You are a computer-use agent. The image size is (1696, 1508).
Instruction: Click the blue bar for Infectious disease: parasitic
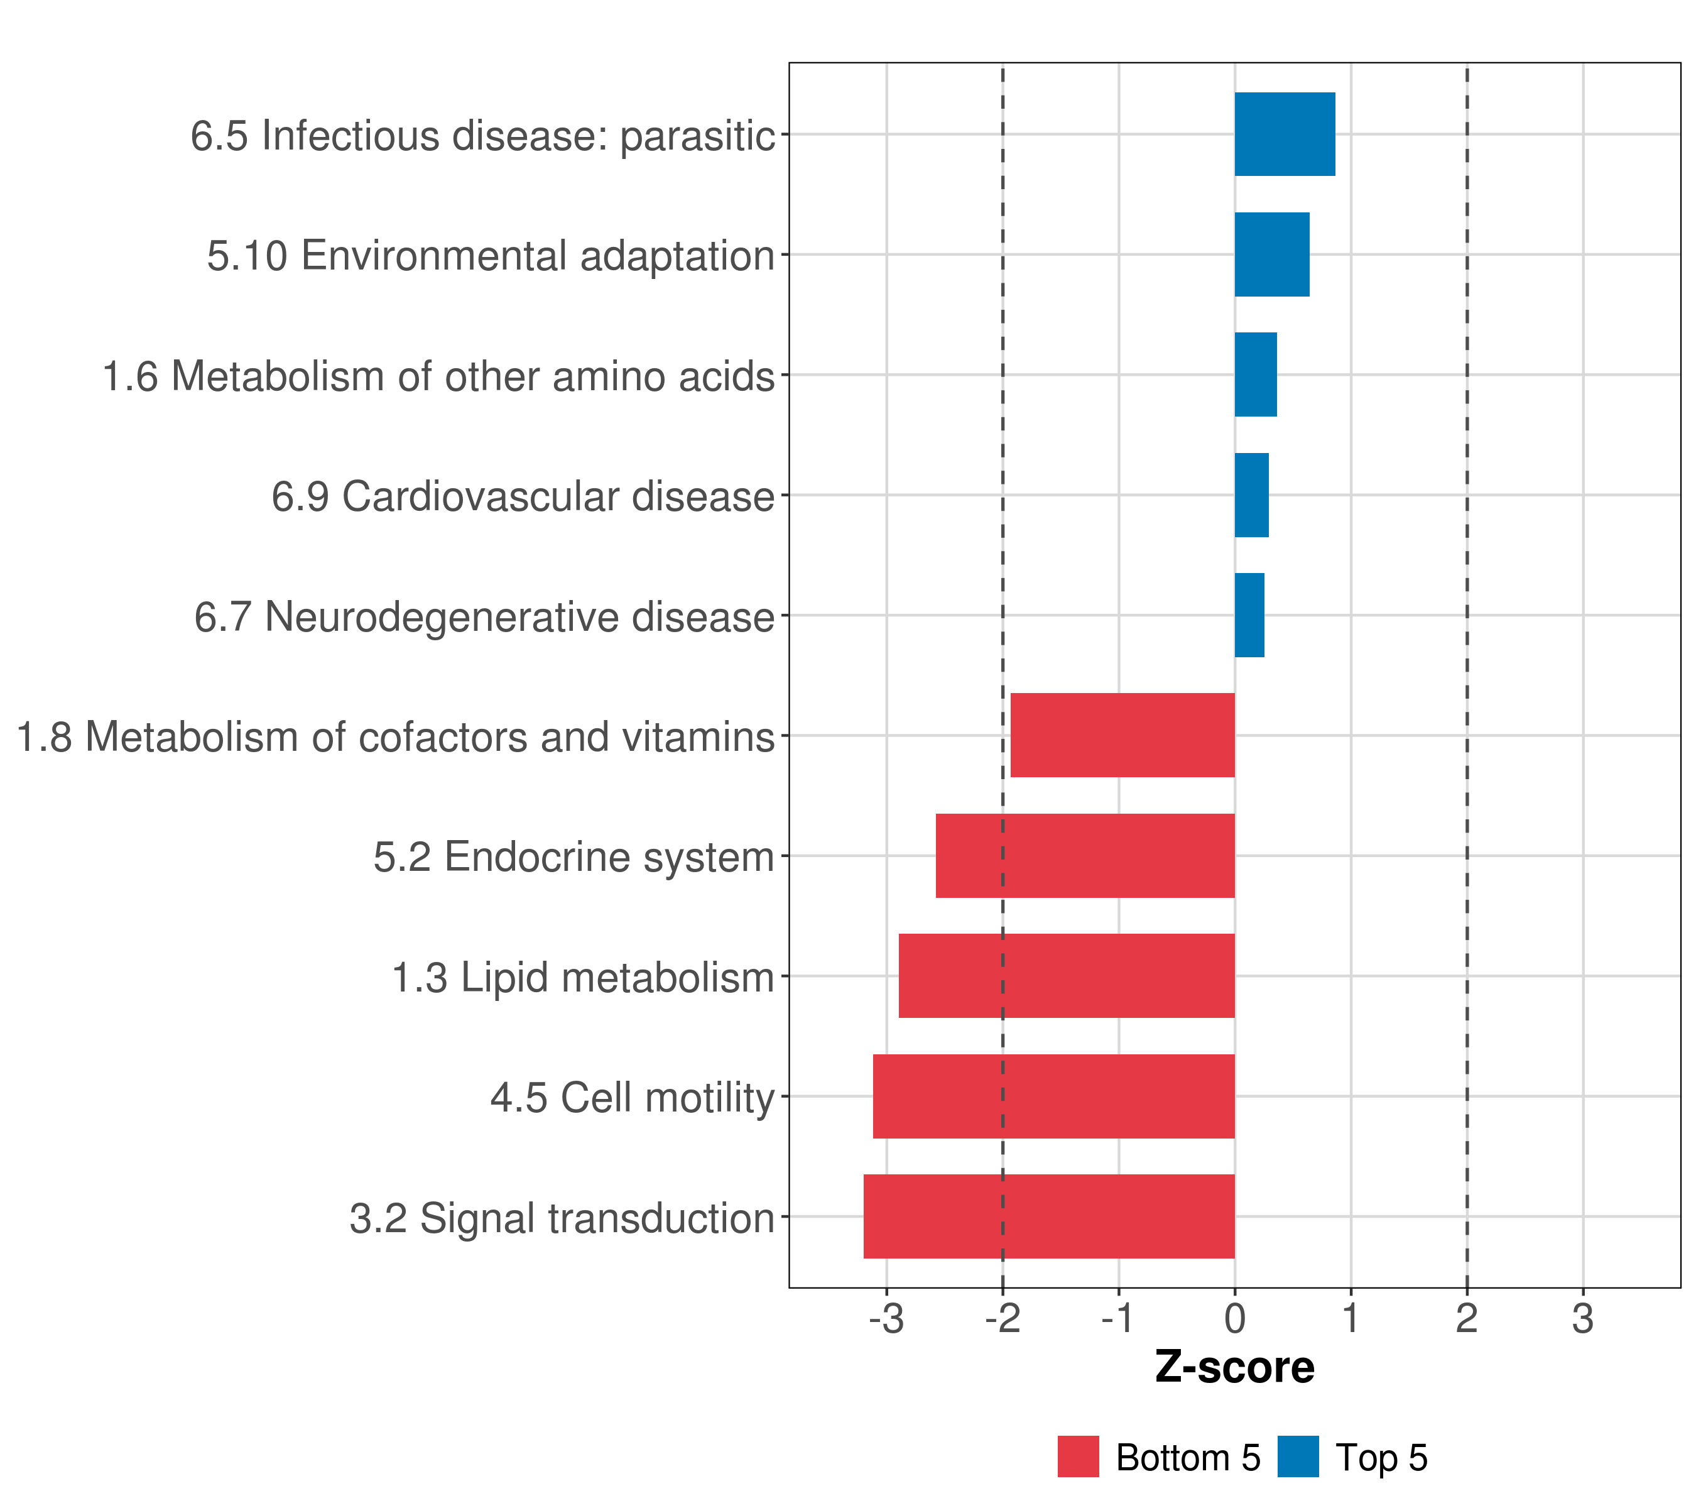point(1285,134)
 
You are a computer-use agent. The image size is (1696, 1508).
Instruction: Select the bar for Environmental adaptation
point(1271,255)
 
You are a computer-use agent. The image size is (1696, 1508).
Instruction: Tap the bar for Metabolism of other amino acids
point(1256,374)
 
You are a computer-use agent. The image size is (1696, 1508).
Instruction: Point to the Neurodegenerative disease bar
point(1249,615)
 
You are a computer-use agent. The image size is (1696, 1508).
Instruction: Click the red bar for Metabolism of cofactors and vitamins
point(1122,735)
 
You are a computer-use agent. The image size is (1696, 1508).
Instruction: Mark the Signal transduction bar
point(1049,1216)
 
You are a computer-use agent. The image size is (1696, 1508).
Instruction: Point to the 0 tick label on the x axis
point(1235,1319)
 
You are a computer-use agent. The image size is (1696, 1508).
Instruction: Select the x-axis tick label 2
point(1466,1319)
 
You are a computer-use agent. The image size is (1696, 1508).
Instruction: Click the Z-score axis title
point(1235,1368)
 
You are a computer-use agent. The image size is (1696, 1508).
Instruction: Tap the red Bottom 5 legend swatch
point(1078,1456)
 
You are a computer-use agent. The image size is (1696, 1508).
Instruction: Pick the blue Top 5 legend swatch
point(1298,1456)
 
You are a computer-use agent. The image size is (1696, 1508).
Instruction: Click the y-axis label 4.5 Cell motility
point(633,1098)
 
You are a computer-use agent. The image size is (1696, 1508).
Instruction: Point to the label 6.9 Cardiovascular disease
point(523,496)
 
